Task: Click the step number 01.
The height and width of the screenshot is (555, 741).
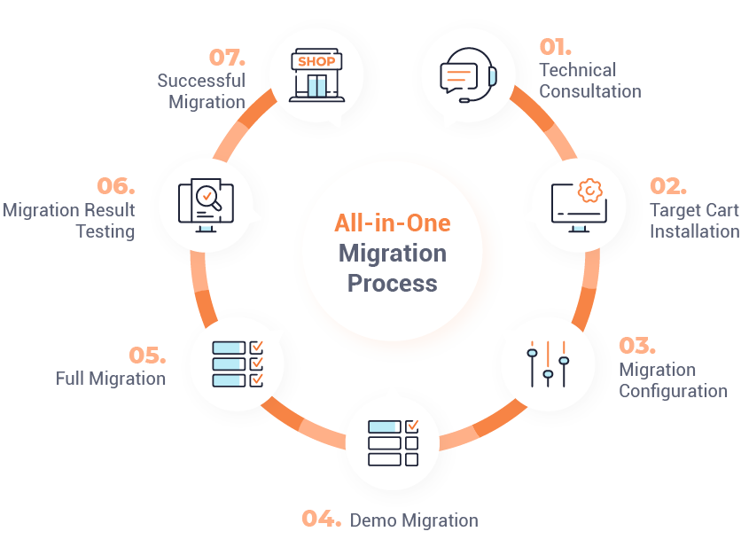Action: (x=555, y=47)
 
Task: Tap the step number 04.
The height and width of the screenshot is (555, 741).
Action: (x=322, y=519)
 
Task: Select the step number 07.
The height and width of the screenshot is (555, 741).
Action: (x=227, y=58)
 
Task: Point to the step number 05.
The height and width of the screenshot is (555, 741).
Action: (x=147, y=356)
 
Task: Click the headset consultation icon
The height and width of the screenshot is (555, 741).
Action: (x=468, y=74)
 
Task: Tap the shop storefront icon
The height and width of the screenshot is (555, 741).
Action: (x=316, y=74)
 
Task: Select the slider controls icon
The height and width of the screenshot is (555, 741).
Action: (x=548, y=364)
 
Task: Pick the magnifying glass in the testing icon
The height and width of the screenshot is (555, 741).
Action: (x=209, y=198)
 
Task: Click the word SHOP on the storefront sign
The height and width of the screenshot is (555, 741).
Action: (x=316, y=61)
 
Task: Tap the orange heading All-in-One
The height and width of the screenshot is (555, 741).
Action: (x=393, y=223)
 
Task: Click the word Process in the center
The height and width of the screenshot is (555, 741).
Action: (x=393, y=283)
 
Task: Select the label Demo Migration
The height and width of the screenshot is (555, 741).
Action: (x=414, y=520)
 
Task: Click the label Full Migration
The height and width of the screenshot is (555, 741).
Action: (x=111, y=379)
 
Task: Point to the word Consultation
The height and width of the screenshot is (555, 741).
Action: (x=590, y=91)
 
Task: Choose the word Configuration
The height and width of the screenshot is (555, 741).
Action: (x=674, y=391)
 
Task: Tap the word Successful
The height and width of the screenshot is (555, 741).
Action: (x=201, y=81)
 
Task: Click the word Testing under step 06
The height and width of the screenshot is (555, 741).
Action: (x=105, y=231)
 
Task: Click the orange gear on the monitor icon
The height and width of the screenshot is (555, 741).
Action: (x=589, y=191)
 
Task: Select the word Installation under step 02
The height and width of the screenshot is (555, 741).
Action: (x=695, y=231)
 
